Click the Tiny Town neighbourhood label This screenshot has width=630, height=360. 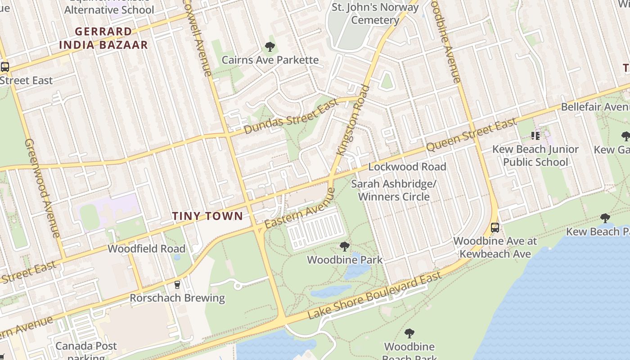pos(207,216)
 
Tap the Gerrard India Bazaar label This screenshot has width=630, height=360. pos(103,38)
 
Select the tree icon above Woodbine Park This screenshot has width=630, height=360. pos(345,247)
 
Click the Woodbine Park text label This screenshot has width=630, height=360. pos(345,260)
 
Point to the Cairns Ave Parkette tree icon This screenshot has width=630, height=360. pos(270,47)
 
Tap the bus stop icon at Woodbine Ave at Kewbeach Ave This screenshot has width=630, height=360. pos(495,228)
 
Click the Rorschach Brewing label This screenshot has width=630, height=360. pos(177,298)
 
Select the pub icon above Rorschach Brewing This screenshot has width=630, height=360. pos(177,285)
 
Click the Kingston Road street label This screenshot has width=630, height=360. pos(353,121)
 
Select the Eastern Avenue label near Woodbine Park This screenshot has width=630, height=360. pos(300,208)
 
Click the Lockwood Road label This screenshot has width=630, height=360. pos(407,166)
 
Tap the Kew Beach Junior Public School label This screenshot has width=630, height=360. pos(535,156)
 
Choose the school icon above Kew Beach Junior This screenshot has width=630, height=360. pos(535,135)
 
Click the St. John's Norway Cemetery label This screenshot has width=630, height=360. pos(375,13)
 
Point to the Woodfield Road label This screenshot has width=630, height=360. pos(146,248)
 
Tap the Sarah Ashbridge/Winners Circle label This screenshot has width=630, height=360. pos(394,190)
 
